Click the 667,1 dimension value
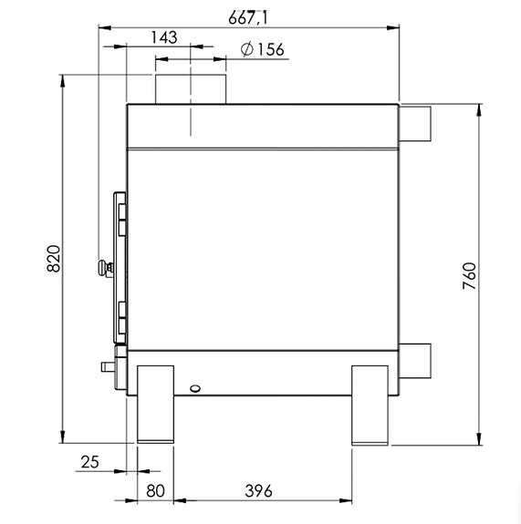(248, 17)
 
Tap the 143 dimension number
(164, 37)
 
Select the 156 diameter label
(270, 49)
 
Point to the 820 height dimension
(54, 259)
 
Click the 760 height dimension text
(469, 276)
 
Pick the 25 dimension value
(89, 462)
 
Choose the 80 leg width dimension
(156, 491)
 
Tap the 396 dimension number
(258, 491)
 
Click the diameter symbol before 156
(247, 49)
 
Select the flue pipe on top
(191, 89)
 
